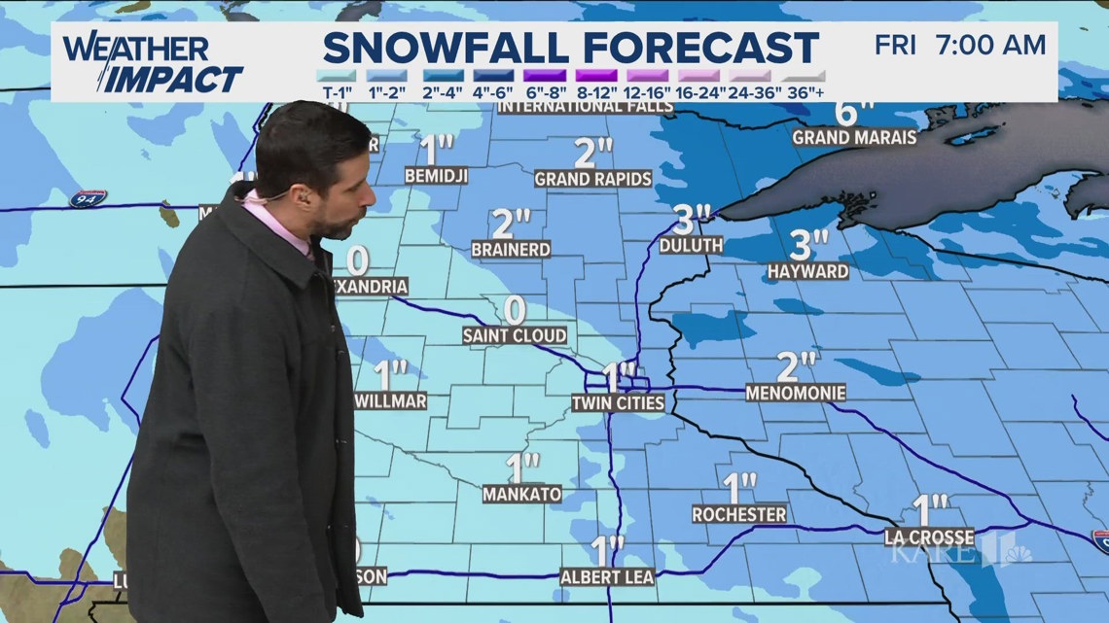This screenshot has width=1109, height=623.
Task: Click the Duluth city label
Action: pyautogui.click(x=692, y=246)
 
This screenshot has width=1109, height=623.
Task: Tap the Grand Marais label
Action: pyautogui.click(x=854, y=138)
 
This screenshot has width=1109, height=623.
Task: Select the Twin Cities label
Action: pyautogui.click(x=618, y=402)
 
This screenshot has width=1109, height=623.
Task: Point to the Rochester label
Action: pyautogui.click(x=739, y=513)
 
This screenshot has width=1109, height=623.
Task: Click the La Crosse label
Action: pyautogui.click(x=929, y=536)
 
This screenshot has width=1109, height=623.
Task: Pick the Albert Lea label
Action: pyautogui.click(x=607, y=577)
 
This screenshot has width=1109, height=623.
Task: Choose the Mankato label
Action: pyautogui.click(x=522, y=494)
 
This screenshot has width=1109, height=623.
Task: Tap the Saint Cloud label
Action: pyautogui.click(x=514, y=336)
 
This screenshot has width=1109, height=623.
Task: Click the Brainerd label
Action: pyautogui.click(x=511, y=250)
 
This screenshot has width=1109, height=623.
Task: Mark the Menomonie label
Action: pyautogui.click(x=796, y=394)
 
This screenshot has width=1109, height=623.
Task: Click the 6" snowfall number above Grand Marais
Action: pyautogui.click(x=847, y=113)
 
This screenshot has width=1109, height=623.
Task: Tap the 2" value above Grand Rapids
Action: pyautogui.click(x=592, y=154)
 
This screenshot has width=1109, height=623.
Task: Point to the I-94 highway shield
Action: pyautogui.click(x=88, y=199)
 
